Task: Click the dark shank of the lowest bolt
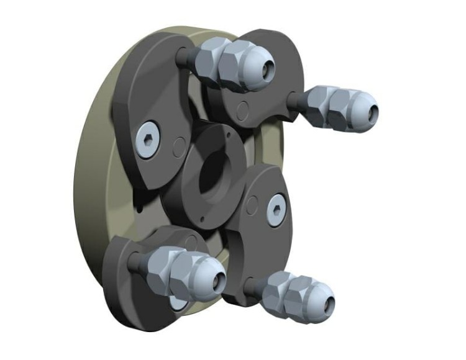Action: [x=252, y=287]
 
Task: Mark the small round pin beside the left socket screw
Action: [x=178, y=148]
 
